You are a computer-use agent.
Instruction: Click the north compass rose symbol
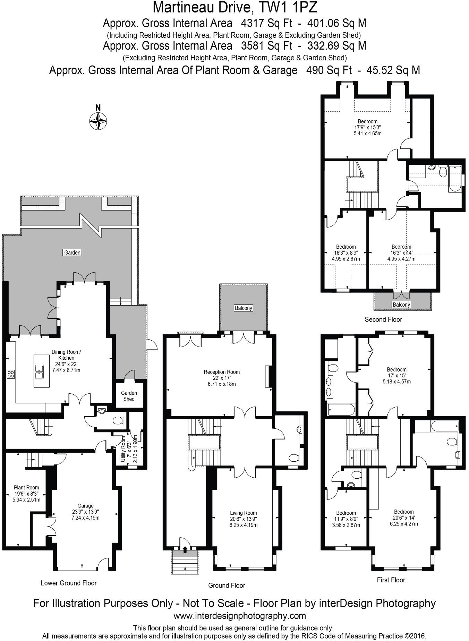98,121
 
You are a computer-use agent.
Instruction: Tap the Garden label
72,253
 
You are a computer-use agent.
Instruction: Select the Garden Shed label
129,396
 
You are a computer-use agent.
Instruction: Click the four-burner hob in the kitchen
11,374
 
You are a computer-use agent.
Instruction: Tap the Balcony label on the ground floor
243,308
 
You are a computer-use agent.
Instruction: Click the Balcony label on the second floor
401,305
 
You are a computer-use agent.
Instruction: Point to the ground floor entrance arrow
185,549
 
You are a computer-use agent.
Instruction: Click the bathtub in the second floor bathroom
454,178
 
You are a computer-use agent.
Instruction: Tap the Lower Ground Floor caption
69,583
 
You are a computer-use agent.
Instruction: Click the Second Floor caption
383,319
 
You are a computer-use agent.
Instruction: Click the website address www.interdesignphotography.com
239,616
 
